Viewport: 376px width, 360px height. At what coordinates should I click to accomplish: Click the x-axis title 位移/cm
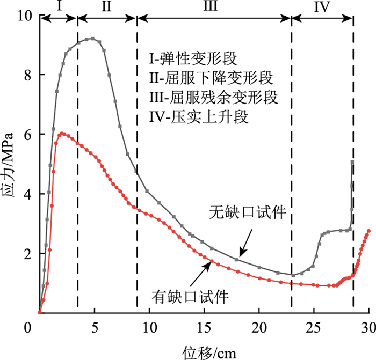204,349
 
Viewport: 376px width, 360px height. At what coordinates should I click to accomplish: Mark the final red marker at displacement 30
368,231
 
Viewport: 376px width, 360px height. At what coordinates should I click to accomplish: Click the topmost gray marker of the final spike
352,162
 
